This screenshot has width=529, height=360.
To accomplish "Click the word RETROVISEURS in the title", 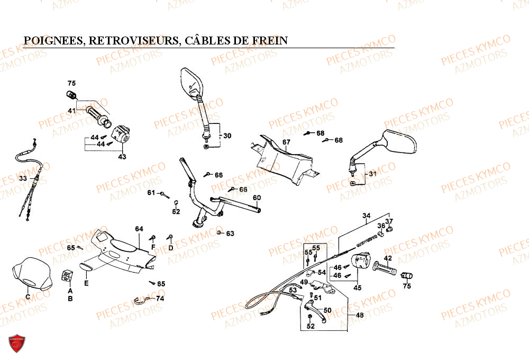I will [134, 41].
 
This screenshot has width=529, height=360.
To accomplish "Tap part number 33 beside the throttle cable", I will [22, 178].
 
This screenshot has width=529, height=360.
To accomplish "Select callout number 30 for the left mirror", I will [227, 136].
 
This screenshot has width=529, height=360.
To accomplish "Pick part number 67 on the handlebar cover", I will [286, 142].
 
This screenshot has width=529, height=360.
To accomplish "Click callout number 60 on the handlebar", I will [257, 198].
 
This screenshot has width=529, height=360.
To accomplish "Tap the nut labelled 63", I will [219, 232].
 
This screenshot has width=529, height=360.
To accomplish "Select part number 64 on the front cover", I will [139, 229].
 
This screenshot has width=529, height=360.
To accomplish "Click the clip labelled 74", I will [142, 301].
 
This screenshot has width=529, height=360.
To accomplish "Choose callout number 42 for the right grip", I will [388, 258].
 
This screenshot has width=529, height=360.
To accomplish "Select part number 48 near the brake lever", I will [360, 315].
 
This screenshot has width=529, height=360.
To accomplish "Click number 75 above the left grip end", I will [71, 83].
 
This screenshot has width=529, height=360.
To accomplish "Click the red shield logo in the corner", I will [18, 344].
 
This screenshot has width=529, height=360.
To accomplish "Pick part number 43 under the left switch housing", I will [122, 156].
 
